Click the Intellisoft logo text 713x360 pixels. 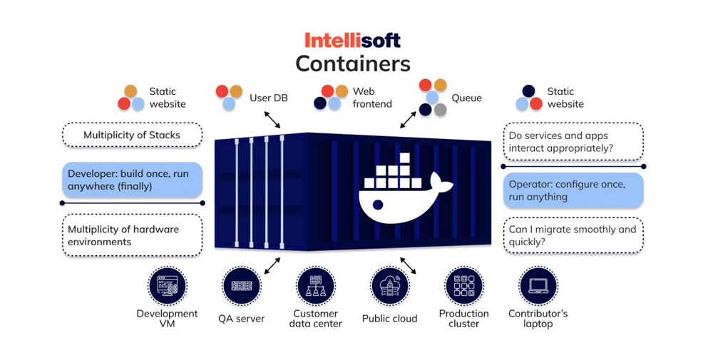point(352,40)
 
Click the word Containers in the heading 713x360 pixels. point(353,63)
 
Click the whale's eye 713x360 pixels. point(378,205)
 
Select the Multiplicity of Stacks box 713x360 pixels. point(132,135)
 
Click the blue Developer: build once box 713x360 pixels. point(132,180)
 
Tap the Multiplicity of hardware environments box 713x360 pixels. point(132,236)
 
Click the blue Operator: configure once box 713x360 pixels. point(573,190)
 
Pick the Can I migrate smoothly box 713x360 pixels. point(573,236)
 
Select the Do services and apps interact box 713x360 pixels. point(573,142)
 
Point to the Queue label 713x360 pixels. point(466,98)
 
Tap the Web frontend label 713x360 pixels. point(371,98)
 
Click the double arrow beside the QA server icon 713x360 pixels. point(272,266)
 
